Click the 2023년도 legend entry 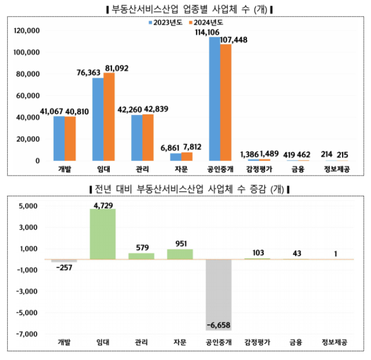coord(167,24)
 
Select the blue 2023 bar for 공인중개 coord(214,98)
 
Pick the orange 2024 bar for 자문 coord(187,156)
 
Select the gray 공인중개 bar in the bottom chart coord(219,295)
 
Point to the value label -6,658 coord(219,325)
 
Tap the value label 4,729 coord(103,205)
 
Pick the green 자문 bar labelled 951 coord(180,254)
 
